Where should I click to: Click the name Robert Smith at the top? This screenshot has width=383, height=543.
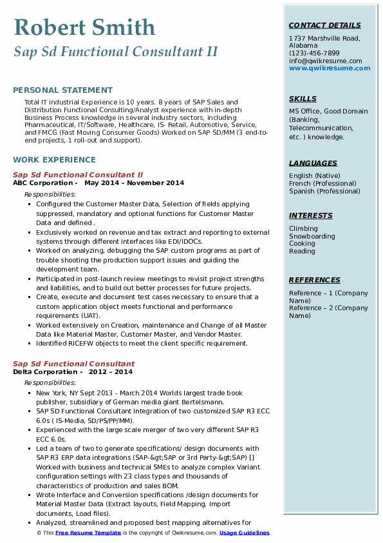click(84, 27)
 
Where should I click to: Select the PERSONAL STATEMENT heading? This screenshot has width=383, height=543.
click(62, 90)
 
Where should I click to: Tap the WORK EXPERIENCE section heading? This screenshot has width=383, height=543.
click(54, 159)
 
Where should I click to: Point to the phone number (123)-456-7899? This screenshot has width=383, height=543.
click(314, 54)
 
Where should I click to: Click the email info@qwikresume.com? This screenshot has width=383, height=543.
click(325, 61)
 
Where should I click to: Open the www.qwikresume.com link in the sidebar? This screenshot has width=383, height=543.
click(325, 68)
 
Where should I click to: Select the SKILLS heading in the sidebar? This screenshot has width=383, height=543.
click(303, 99)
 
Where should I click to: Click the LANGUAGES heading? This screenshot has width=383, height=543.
click(313, 163)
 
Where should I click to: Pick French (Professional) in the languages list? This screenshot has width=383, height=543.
click(322, 183)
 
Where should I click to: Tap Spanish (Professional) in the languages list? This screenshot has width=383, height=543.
click(324, 191)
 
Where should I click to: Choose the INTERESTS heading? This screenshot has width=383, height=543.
click(310, 215)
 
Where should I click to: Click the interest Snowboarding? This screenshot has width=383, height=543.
click(312, 236)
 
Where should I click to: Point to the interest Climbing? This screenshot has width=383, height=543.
click(303, 228)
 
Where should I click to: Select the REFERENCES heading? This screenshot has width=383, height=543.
click(314, 280)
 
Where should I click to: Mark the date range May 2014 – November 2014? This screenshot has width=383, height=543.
click(134, 183)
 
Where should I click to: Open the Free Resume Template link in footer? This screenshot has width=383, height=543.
click(88, 533)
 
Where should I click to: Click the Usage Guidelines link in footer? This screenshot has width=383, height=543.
click(244, 533)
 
